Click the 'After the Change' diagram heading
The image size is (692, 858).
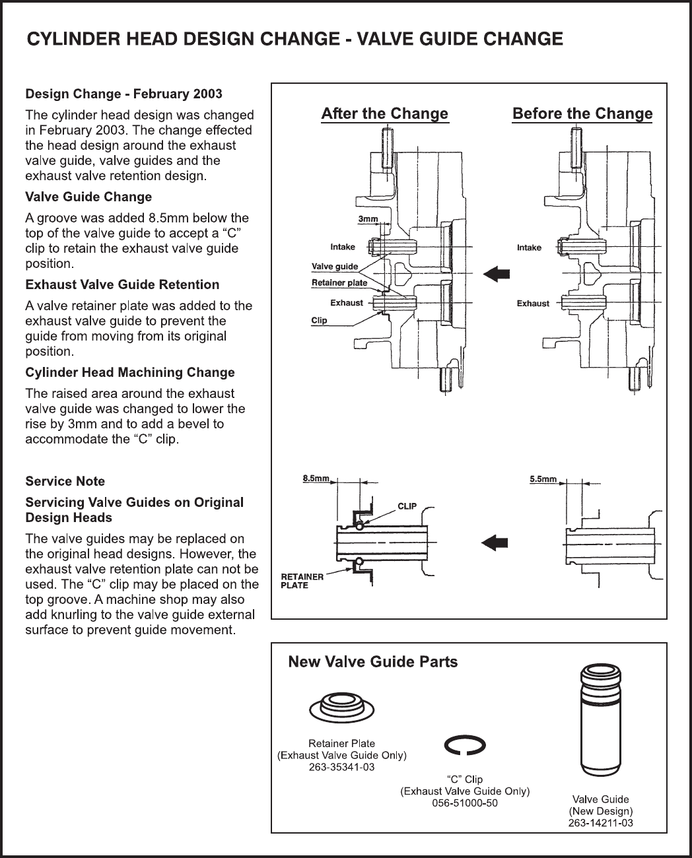click(x=384, y=114)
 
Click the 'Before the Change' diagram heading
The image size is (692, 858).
click(x=582, y=114)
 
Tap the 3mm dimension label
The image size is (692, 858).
click(x=368, y=218)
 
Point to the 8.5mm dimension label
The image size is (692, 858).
click(x=316, y=479)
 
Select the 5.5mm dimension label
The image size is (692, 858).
click(x=543, y=479)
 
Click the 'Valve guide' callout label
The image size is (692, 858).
click(x=335, y=267)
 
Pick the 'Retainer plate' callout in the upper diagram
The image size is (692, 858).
click(x=339, y=283)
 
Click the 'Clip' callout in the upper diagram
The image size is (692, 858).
click(x=319, y=321)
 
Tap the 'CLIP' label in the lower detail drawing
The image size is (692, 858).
click(x=407, y=506)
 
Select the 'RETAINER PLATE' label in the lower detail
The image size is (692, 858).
click(x=302, y=581)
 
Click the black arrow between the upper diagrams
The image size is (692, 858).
click(x=497, y=273)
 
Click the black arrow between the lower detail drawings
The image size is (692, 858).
click(x=495, y=543)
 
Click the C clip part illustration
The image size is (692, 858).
click(x=465, y=745)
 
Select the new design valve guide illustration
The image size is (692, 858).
click(x=601, y=720)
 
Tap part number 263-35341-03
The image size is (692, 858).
click(x=341, y=767)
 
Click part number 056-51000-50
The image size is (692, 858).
click(x=465, y=803)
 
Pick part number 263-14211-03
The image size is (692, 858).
click(x=601, y=823)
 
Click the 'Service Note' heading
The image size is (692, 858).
click(x=65, y=481)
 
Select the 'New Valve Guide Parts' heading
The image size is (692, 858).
click(x=373, y=662)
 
